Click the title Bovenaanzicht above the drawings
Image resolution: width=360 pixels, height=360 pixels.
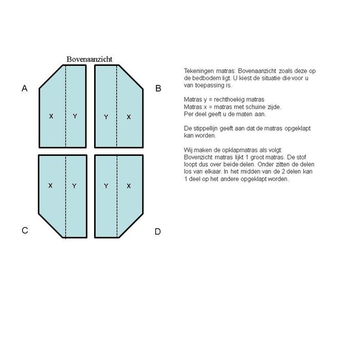(89, 60)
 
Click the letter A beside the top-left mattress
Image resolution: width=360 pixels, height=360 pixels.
(24, 88)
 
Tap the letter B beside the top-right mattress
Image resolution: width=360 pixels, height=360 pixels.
(158, 88)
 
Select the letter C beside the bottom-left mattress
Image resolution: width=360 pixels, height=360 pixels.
(24, 231)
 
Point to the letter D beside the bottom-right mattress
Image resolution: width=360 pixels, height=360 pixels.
(158, 232)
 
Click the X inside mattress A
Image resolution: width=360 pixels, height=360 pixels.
(51, 117)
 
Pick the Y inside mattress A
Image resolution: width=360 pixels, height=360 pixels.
(75, 117)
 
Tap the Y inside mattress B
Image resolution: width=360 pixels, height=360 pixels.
(106, 117)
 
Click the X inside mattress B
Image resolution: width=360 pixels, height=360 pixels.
(129, 117)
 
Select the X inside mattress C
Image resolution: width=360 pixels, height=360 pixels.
(50, 186)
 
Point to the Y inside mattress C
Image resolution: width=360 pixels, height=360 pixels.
(74, 186)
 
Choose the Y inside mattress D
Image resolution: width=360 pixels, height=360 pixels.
(106, 186)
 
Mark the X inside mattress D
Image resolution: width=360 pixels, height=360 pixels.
(129, 186)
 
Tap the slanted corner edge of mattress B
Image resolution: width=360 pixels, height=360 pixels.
(131, 77)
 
